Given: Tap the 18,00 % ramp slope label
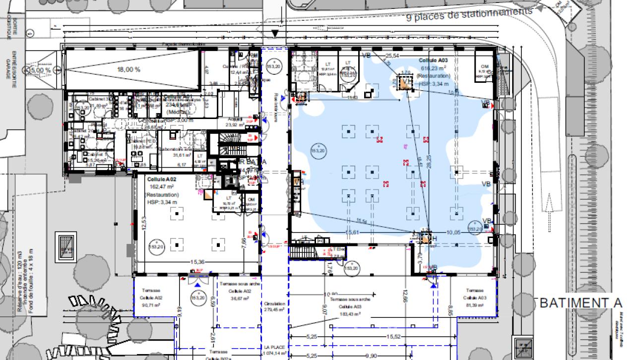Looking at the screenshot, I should [x=128, y=69].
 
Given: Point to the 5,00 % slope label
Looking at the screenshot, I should [x=41, y=70].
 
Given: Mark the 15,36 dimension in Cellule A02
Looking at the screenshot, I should [x=197, y=261].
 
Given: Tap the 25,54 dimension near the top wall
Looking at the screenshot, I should [x=392, y=55].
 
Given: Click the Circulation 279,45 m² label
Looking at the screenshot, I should [x=274, y=306].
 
